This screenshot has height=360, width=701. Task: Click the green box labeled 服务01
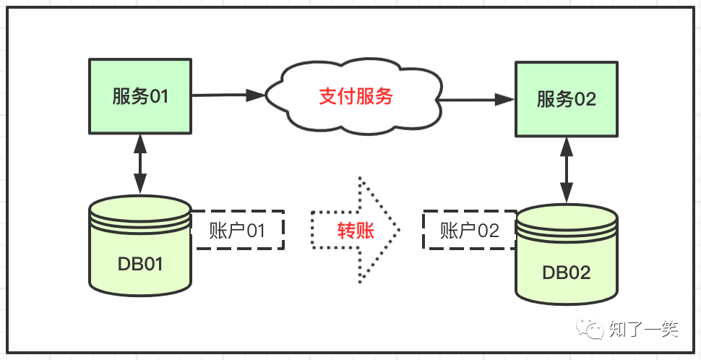pyautogui.click(x=140, y=96)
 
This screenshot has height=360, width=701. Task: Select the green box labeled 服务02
pyautogui.click(x=567, y=99)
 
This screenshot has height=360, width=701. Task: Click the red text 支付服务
pyautogui.click(x=356, y=96)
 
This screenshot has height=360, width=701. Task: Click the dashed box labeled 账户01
pyautogui.click(x=237, y=231)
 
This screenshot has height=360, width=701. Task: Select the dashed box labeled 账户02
pyautogui.click(x=470, y=231)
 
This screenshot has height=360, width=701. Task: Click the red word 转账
pyautogui.click(x=356, y=231)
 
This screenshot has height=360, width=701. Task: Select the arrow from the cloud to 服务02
pyautogui.click(x=477, y=99)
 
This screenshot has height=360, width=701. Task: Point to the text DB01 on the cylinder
pyautogui.click(x=140, y=264)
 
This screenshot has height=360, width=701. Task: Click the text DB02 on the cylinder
pyautogui.click(x=567, y=273)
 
